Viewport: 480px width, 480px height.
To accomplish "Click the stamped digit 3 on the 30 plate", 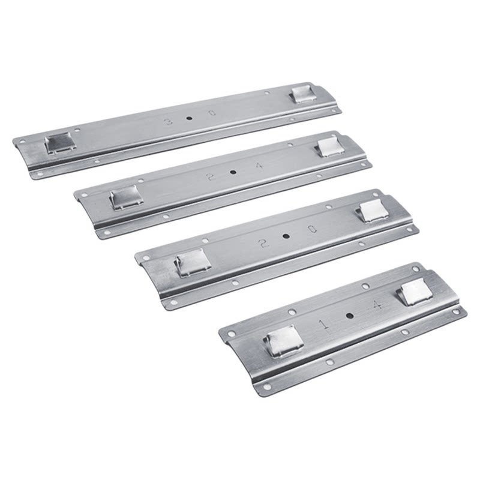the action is pos(169,122).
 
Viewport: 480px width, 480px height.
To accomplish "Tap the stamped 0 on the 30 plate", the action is pos(212,113).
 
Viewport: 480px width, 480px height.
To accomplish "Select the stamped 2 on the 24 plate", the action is pos(210,176).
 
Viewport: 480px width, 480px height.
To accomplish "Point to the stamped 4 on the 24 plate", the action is pos(259,166).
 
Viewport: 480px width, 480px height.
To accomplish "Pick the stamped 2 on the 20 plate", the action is pos(262,244).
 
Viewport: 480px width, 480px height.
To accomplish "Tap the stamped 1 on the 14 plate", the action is pos(325,325).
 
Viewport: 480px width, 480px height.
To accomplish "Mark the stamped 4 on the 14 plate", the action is pos(377,305).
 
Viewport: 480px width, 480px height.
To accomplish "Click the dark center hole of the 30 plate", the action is pos(189,118).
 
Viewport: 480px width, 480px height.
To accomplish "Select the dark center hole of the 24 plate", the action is pos(233,172).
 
